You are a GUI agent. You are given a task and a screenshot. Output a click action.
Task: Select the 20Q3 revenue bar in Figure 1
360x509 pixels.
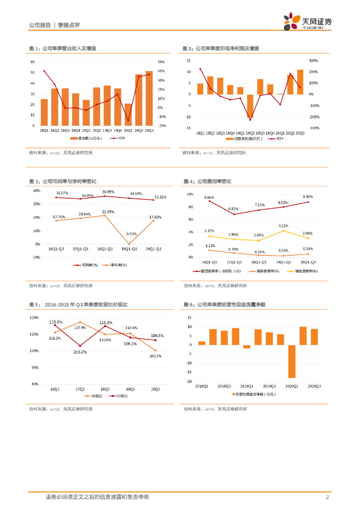149,98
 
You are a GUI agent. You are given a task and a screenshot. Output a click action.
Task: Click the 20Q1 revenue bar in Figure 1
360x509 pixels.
128,114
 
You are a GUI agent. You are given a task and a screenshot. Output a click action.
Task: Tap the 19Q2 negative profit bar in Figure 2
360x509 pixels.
250,106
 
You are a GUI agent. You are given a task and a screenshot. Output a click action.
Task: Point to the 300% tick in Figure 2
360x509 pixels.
313,61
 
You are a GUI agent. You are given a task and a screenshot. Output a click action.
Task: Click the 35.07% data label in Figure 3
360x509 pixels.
62,193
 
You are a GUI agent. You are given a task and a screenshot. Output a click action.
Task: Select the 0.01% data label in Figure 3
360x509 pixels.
131,234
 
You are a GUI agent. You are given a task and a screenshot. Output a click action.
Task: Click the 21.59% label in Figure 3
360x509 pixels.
108,212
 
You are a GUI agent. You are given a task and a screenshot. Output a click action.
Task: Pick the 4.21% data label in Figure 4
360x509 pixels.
283,226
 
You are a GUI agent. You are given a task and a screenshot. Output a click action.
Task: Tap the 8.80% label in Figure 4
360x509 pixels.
308,197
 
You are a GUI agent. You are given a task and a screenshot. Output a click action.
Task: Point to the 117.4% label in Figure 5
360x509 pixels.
80,328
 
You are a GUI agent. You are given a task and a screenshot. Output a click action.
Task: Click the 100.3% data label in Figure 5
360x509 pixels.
155,356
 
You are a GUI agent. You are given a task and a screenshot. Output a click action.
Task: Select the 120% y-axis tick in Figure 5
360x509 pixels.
34,318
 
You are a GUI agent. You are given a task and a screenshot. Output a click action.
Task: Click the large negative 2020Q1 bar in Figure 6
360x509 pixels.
291,361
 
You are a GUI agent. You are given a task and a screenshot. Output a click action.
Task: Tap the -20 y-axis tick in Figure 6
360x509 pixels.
189,381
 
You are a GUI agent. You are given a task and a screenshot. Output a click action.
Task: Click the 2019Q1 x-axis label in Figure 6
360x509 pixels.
247,386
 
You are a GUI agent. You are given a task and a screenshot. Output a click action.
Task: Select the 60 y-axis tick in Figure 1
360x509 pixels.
32,62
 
